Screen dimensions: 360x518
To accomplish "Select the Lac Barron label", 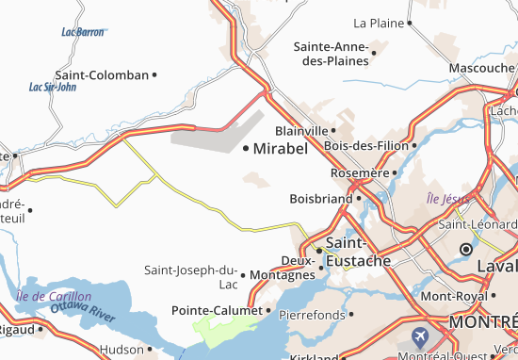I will (82, 31).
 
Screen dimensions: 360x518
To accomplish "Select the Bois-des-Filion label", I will (365, 146).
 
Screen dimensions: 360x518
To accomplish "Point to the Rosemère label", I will (359, 173).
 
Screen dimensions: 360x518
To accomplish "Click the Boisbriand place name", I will (320, 199).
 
